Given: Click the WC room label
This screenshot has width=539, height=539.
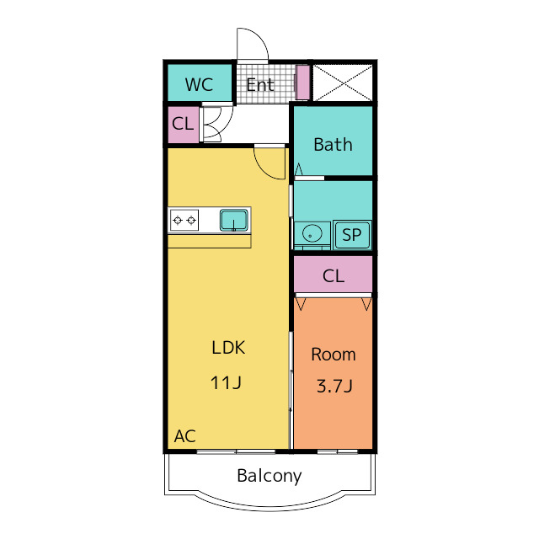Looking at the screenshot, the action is click(199, 84).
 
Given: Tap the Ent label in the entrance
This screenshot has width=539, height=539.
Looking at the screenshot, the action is click(260, 85).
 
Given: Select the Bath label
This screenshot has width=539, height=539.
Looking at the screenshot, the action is click(333, 145).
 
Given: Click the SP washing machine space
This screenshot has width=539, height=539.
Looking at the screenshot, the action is click(352, 235).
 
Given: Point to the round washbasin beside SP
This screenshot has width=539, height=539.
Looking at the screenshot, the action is click(312, 233).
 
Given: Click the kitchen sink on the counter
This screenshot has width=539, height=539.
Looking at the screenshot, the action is click(234, 221).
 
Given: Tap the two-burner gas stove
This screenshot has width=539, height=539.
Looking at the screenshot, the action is click(184, 220).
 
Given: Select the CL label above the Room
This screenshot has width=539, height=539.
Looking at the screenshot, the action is click(334, 275).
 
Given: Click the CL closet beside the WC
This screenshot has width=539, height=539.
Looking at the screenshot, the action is click(184, 125).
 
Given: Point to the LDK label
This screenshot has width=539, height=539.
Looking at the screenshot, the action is click(228, 348).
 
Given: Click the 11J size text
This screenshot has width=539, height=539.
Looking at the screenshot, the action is click(226, 382).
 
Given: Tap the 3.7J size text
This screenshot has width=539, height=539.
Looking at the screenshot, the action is click(334, 386).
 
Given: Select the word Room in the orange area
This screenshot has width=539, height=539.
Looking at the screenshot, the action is click(334, 355).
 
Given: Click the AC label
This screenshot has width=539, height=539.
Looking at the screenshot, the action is click(185, 436).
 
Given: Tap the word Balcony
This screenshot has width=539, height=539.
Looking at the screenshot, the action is click(269, 476).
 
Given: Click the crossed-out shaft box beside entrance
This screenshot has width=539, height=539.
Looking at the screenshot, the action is click(343, 83).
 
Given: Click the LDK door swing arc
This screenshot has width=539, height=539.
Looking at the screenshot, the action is click(263, 171).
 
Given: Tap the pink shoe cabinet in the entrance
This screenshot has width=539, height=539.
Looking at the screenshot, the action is click(303, 83).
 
